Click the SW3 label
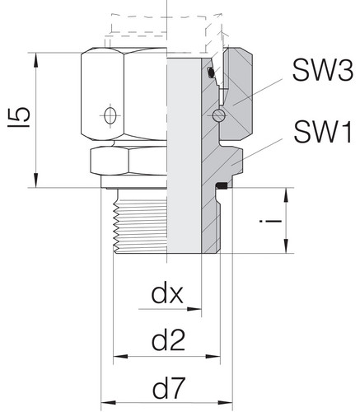[x=323, y=70]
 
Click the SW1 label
[x=323, y=133]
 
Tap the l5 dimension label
[x=19, y=117]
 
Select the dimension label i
[x=271, y=221]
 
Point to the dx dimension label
[x=167, y=294]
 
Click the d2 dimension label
[x=168, y=340]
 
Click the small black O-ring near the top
[x=211, y=73]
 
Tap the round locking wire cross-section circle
[x=219, y=115]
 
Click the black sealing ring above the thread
[x=221, y=186]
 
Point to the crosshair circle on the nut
[x=110, y=115]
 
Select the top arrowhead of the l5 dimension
[x=36, y=60]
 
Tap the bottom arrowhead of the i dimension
[x=286, y=246]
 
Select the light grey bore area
[x=184, y=156]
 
